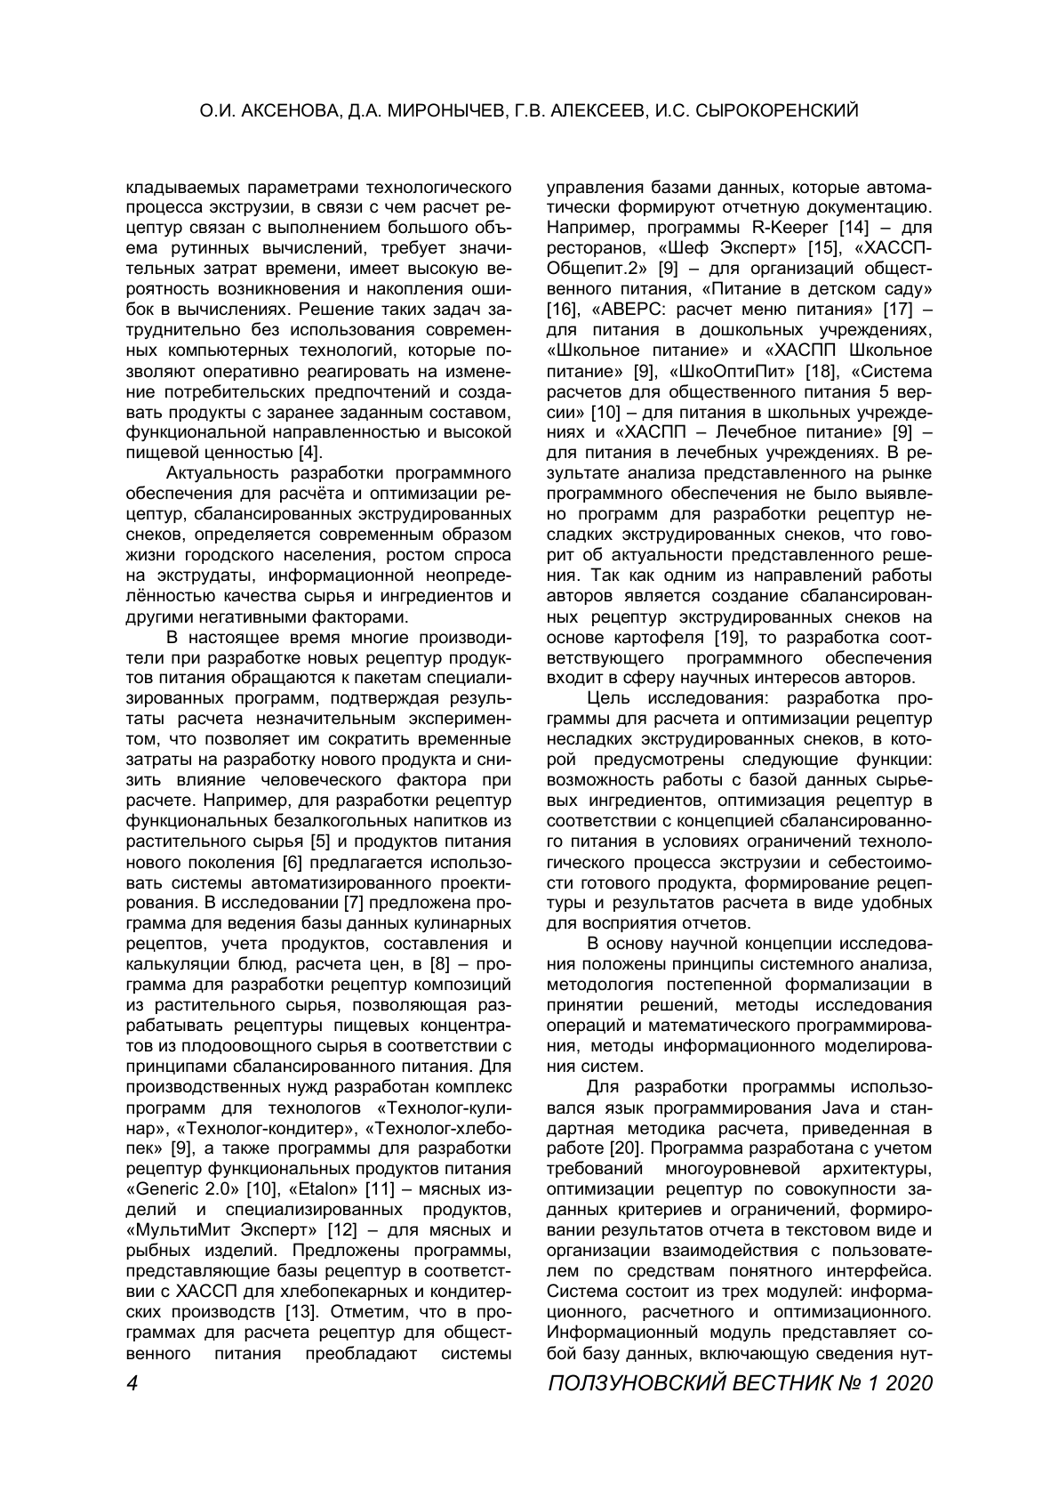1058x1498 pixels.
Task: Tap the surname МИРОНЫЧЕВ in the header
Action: [437, 111]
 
